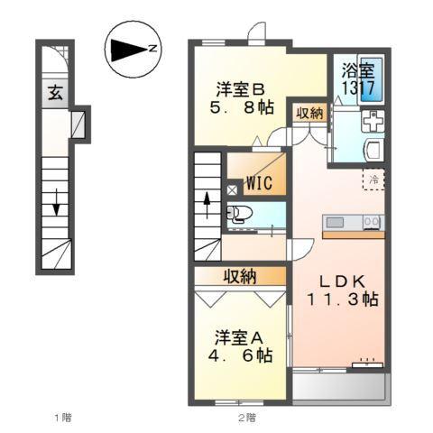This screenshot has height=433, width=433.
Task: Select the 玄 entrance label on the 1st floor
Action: pyautogui.click(x=54, y=91)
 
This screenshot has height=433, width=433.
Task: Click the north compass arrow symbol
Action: pyautogui.click(x=130, y=48)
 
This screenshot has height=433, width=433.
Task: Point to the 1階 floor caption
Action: pyautogui.click(x=62, y=417)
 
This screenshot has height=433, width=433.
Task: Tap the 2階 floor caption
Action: pyautogui.click(x=247, y=417)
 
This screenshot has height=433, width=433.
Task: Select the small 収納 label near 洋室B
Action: pyautogui.click(x=309, y=113)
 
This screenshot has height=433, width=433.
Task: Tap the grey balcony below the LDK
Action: pyautogui.click(x=339, y=388)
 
